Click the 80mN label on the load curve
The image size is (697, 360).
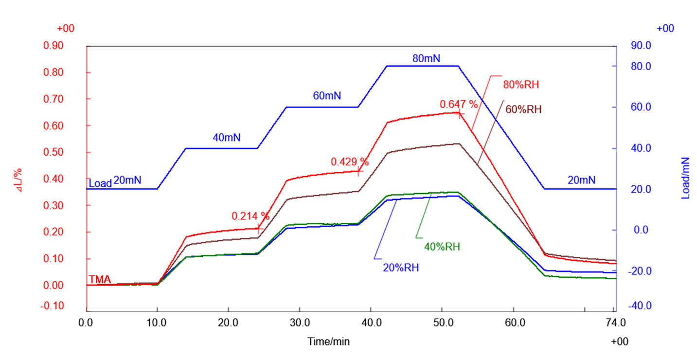click(426, 58)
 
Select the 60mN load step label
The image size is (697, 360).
click(327, 96)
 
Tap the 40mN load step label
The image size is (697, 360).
click(226, 138)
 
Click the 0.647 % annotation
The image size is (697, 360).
click(459, 104)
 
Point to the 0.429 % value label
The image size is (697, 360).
click(350, 162)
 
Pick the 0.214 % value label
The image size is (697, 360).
click(250, 216)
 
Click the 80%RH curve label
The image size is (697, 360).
click(521, 85)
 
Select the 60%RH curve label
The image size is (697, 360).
click(523, 109)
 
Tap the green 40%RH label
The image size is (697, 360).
click(442, 247)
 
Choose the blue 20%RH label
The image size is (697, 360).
click(400, 267)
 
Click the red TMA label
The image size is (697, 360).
click(99, 279)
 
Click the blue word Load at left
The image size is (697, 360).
click(100, 183)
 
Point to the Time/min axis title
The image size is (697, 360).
click(328, 342)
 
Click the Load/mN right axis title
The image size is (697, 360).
click(686, 178)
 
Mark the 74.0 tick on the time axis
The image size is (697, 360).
click(615, 322)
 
